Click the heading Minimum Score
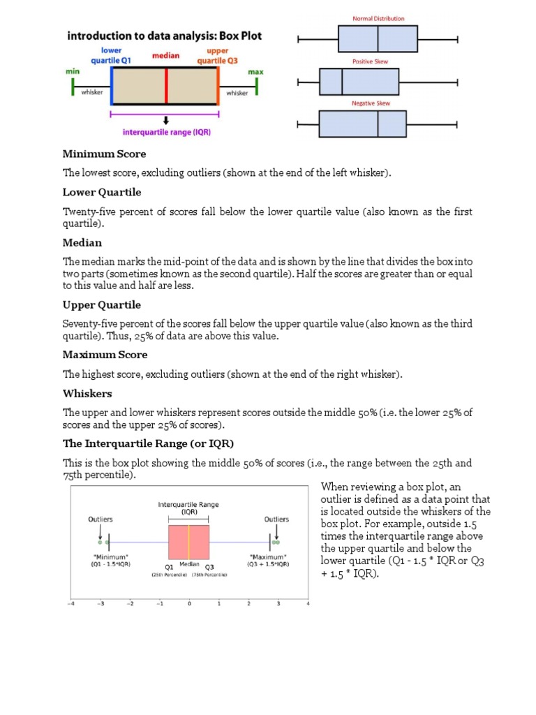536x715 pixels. [105, 154]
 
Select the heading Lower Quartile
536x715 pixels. [102, 192]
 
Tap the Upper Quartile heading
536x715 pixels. [102, 305]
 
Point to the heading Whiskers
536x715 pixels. [87, 393]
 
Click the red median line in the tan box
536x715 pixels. [166, 86]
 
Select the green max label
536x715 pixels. [256, 72]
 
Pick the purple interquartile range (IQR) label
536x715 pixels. [167, 131]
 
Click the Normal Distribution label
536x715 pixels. [378, 19]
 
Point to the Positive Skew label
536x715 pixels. [370, 61]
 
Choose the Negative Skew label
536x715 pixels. [371, 103]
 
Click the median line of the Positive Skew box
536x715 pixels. [342, 82]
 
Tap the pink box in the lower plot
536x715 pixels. [188, 543]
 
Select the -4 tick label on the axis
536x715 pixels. [70, 604]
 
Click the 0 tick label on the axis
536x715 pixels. [189, 604]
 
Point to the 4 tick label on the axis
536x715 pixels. [308, 604]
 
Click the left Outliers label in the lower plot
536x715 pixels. [100, 519]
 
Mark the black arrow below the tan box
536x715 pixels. [166, 120]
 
